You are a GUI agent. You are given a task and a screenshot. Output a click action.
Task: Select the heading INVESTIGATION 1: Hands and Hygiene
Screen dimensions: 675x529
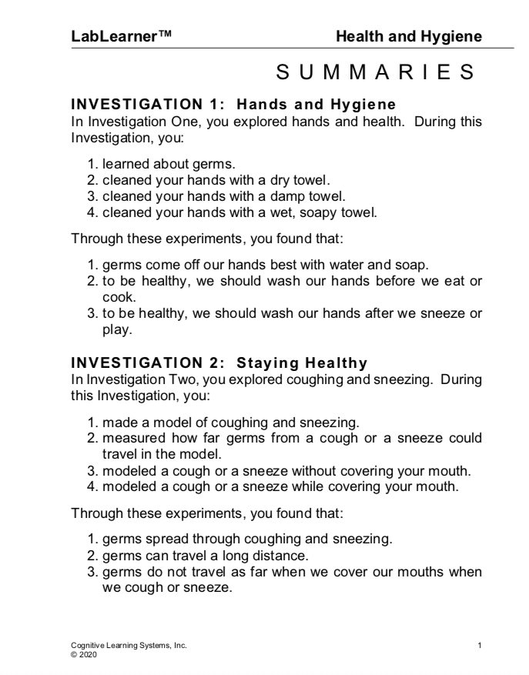click(233, 103)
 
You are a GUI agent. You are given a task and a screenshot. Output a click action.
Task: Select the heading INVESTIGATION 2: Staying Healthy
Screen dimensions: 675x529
click(219, 362)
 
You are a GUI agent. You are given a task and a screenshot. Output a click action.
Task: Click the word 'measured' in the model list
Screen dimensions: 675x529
click(130, 438)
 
